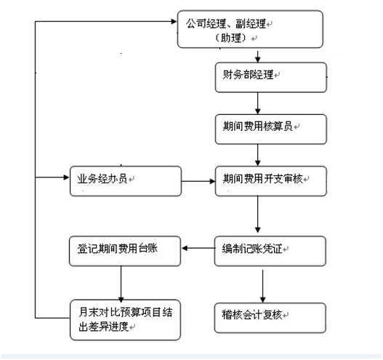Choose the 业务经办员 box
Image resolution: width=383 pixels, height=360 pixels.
click(x=124, y=180)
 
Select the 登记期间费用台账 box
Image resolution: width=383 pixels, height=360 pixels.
click(x=124, y=249)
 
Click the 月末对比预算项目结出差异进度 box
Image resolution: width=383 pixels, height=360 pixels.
click(x=124, y=318)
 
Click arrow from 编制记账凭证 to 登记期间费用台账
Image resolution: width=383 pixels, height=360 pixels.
click(x=197, y=249)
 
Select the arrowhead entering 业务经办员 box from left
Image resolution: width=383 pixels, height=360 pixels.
click(x=65, y=177)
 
